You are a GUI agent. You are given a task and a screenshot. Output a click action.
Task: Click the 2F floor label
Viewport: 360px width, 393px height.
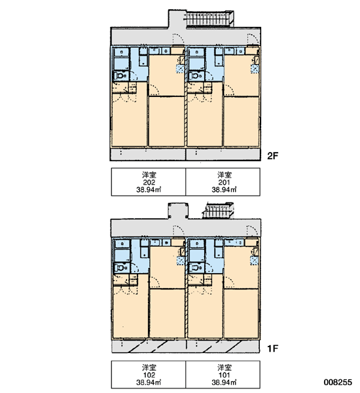click(x=273, y=156)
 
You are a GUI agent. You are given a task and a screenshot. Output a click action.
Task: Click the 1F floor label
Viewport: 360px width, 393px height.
click(x=273, y=348)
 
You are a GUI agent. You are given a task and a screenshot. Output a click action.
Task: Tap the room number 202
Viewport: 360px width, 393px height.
click(x=149, y=182)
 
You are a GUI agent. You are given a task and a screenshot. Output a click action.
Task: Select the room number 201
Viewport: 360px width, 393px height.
click(x=224, y=182)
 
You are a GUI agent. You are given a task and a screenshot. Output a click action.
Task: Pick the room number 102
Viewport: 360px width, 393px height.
click(x=149, y=375)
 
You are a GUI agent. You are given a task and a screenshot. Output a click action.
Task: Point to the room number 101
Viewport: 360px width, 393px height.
click(x=224, y=375)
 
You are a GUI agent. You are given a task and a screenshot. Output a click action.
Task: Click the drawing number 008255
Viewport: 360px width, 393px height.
click(x=338, y=383)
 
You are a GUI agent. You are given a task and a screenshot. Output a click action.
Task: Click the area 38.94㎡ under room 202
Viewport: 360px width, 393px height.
click(x=149, y=190)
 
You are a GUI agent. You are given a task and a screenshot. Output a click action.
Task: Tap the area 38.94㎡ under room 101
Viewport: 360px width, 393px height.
click(x=224, y=383)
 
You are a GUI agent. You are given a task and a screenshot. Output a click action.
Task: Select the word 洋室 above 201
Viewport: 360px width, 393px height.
click(x=225, y=175)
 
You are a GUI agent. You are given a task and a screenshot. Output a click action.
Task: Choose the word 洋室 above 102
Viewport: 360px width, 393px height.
click(x=149, y=367)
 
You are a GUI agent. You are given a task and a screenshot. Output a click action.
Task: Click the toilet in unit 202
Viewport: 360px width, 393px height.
click(x=120, y=75)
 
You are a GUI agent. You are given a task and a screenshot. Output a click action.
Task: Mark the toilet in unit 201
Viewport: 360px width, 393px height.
click(x=196, y=75)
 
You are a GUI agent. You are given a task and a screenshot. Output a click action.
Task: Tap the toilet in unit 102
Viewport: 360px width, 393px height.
click(x=120, y=268)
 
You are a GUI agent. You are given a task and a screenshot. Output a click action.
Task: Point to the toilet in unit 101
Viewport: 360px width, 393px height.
click(x=196, y=268)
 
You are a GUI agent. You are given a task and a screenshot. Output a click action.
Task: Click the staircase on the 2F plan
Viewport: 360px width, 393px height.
click(x=209, y=19)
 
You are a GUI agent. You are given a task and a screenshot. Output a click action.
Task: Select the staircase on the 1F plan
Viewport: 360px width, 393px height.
click(x=218, y=210)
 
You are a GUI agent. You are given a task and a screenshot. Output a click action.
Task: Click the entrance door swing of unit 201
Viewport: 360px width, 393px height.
click(x=253, y=39)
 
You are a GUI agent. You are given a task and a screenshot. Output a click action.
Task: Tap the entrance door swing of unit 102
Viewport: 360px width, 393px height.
click(x=179, y=231)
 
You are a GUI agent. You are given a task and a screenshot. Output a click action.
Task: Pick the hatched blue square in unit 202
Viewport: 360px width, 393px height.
click(x=180, y=69)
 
